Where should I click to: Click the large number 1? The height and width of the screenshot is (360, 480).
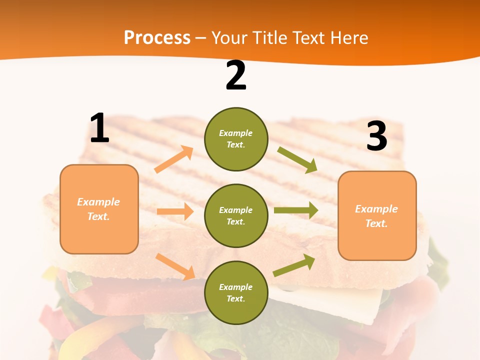(99, 128)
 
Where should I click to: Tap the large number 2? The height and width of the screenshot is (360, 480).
(236, 75)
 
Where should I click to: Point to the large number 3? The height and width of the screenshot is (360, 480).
(376, 136)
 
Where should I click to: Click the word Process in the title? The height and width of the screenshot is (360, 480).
(157, 37)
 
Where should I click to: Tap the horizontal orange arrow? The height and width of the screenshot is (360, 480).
(175, 211)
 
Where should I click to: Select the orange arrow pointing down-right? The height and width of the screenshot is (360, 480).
(175, 266)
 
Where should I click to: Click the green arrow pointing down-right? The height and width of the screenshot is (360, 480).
(297, 159)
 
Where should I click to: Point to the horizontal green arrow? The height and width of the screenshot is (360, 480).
(296, 210)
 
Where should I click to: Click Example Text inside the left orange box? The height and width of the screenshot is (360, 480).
(98, 209)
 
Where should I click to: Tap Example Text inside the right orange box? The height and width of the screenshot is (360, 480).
(376, 216)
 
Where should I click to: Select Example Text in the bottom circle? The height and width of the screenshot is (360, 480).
(236, 292)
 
